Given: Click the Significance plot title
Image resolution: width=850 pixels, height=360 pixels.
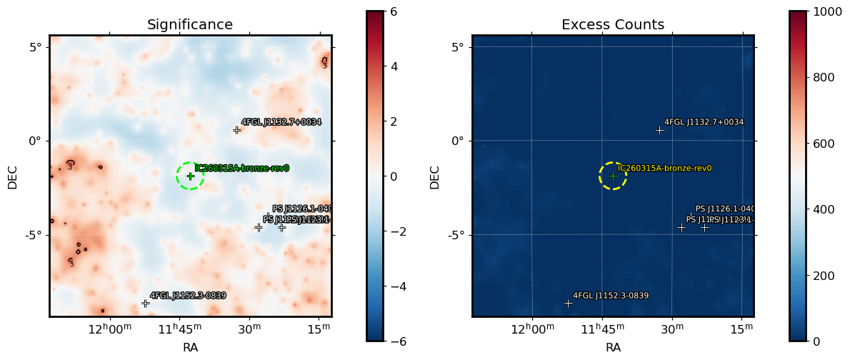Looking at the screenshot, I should pyautogui.click(x=189, y=25).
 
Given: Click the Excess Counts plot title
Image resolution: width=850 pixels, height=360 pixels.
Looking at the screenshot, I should pyautogui.click(x=612, y=25).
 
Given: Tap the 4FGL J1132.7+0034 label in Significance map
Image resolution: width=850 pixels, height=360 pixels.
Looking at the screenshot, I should pyautogui.click(x=281, y=122).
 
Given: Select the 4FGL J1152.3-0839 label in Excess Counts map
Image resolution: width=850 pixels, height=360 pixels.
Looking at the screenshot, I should pyautogui.click(x=611, y=296).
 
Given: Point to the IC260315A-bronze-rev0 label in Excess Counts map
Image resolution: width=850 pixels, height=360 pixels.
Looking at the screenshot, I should pyautogui.click(x=664, y=169).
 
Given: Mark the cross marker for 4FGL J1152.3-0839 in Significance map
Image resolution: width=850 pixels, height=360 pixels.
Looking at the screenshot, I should pyautogui.click(x=146, y=304).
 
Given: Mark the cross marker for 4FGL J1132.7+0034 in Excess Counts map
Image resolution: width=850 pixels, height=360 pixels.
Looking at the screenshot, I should pyautogui.click(x=660, y=130).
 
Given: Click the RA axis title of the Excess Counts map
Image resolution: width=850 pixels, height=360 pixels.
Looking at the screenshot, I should pyautogui.click(x=613, y=348).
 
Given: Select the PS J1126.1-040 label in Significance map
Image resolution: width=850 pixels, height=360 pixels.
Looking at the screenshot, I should pyautogui.click(x=301, y=209).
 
